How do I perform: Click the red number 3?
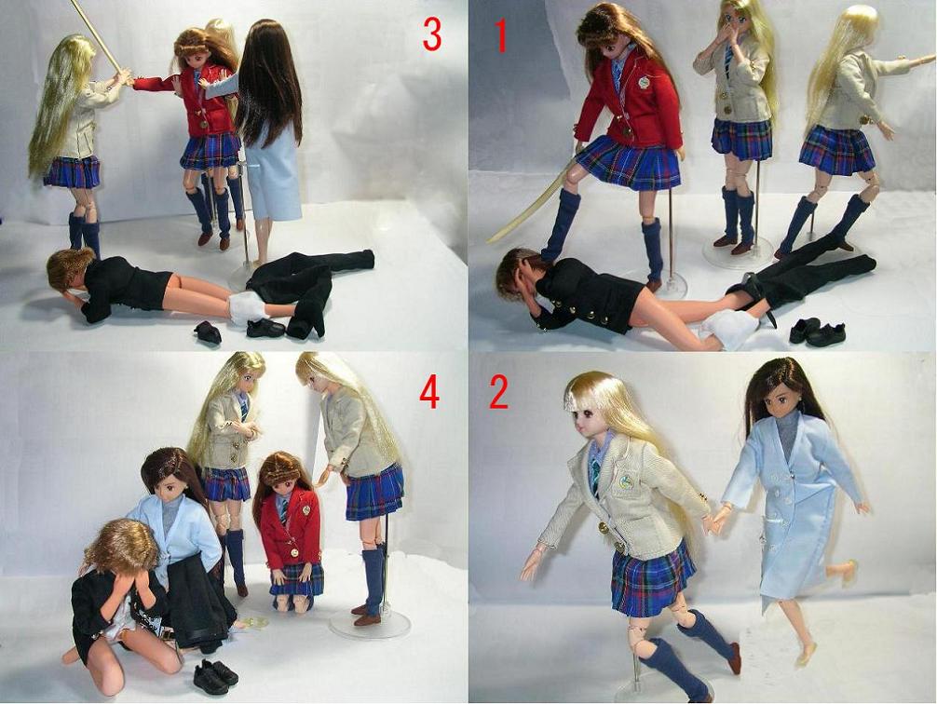(x=431, y=34)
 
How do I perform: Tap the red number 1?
(x=501, y=34)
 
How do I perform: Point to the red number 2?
(x=499, y=393)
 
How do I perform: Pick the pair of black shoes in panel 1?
(x=817, y=332)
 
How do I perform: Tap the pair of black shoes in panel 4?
(x=215, y=676)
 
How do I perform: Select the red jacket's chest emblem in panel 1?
(x=644, y=81)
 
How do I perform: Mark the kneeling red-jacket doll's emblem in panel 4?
(x=306, y=509)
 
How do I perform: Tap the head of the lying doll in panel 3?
(x=70, y=270)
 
